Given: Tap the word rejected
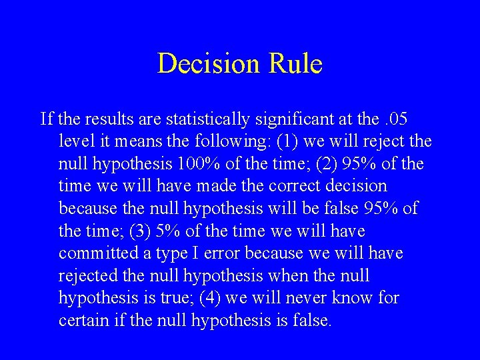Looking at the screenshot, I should tap(85, 276).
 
